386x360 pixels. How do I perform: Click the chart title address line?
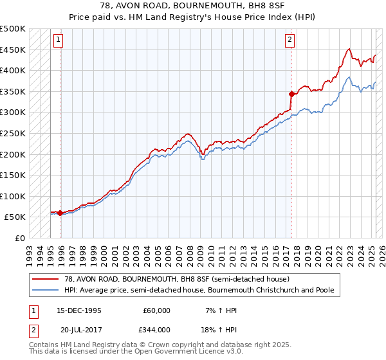[192, 6]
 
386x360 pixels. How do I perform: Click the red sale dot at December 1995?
[60, 213]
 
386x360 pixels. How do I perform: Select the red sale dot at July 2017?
[291, 94]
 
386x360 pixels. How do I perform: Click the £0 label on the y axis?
[19, 238]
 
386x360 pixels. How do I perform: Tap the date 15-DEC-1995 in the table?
[79, 310]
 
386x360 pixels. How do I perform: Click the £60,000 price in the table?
[156, 310]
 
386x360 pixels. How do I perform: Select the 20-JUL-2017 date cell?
[78, 330]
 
